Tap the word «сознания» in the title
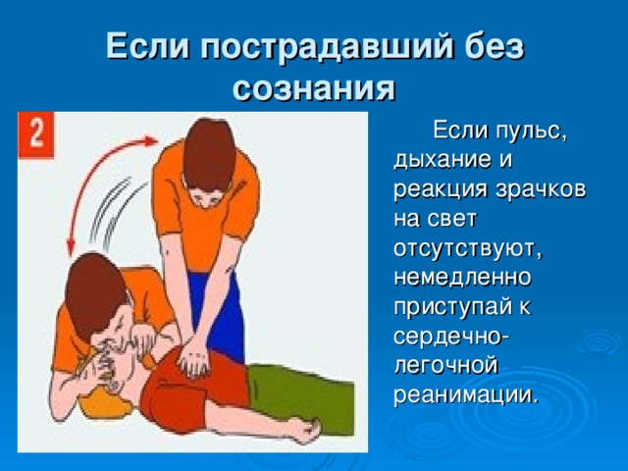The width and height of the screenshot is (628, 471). (314, 89)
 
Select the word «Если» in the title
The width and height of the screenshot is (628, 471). (148, 46)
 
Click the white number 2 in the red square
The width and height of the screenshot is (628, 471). (36, 134)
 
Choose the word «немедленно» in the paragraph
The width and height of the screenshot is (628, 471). (462, 277)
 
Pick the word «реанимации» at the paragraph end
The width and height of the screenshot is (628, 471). (464, 395)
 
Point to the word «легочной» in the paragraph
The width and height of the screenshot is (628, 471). (445, 366)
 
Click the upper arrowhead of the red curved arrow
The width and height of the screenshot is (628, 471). (150, 141)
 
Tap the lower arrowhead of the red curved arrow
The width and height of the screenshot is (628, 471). (72, 247)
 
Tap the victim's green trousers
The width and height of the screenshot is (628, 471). (300, 396)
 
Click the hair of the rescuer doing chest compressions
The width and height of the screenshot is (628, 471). (209, 152)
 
